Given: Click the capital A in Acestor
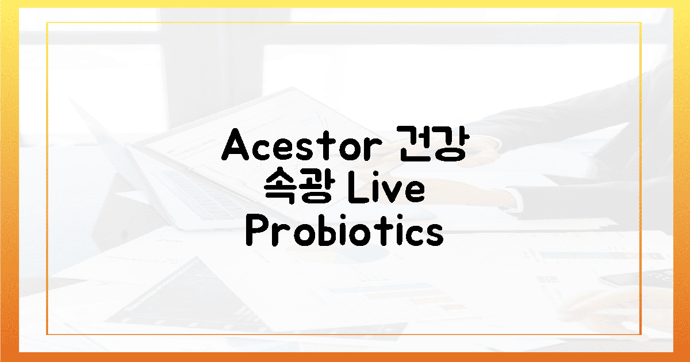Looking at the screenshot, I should click(235, 147).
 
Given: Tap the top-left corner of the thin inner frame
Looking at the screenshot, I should click(47, 22).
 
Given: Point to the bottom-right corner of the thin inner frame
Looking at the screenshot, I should click(641, 334).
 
